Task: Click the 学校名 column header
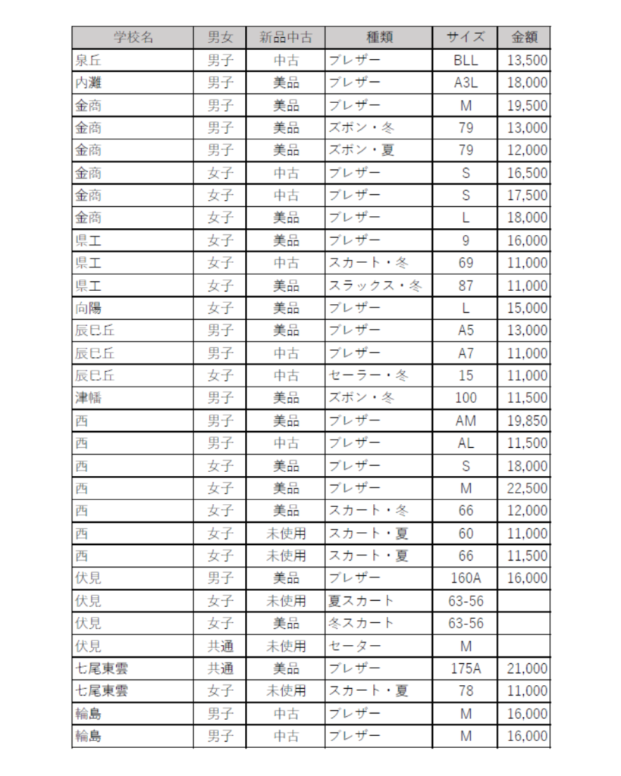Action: (133, 37)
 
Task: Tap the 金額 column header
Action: (524, 37)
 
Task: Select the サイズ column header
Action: (466, 37)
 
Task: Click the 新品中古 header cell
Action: (286, 37)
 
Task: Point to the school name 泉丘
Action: (88, 60)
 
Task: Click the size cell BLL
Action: (466, 60)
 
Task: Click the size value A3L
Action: (466, 83)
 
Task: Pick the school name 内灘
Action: (88, 83)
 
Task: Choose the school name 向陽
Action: (88, 308)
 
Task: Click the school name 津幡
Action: (88, 398)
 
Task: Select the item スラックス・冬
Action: (375, 286)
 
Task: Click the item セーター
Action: (353, 646)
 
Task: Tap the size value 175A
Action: (466, 668)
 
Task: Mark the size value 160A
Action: (466, 578)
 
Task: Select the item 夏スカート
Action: (361, 601)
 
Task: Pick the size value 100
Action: (466, 398)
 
